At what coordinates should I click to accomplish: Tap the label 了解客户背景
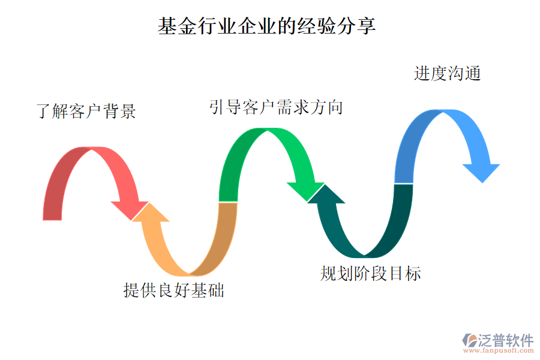point(86,112)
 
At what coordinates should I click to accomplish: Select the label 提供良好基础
point(173,290)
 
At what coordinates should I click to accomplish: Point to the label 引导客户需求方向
point(276,107)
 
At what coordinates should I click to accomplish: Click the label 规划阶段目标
point(370,274)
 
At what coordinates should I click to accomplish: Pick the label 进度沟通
point(447,73)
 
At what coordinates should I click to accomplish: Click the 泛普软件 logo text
point(505,340)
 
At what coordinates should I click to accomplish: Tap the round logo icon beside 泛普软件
point(469,340)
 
